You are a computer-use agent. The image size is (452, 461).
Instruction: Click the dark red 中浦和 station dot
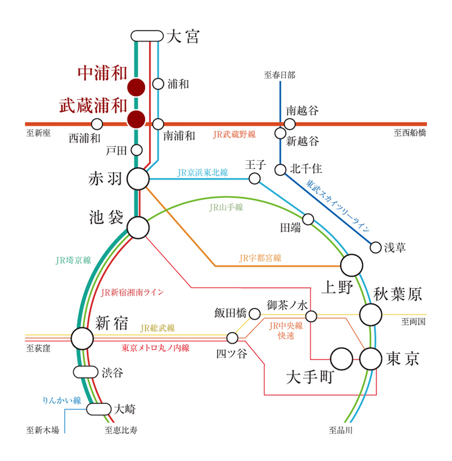point(136,87)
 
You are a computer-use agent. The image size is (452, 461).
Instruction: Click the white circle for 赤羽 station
point(138,179)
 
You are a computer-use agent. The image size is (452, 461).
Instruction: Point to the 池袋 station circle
point(138,227)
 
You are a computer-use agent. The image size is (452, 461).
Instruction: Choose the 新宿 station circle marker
point(83,338)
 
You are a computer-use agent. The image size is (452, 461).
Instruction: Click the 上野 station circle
point(352,265)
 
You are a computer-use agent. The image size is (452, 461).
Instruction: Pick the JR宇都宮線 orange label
point(260,258)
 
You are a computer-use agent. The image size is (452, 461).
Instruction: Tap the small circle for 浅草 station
point(376,248)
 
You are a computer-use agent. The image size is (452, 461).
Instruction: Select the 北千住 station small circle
point(281,169)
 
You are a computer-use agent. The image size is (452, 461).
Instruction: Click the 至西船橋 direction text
point(410,133)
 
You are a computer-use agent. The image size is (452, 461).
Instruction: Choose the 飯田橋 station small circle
point(255,313)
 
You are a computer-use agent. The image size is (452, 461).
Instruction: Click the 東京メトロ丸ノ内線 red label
point(155,348)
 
